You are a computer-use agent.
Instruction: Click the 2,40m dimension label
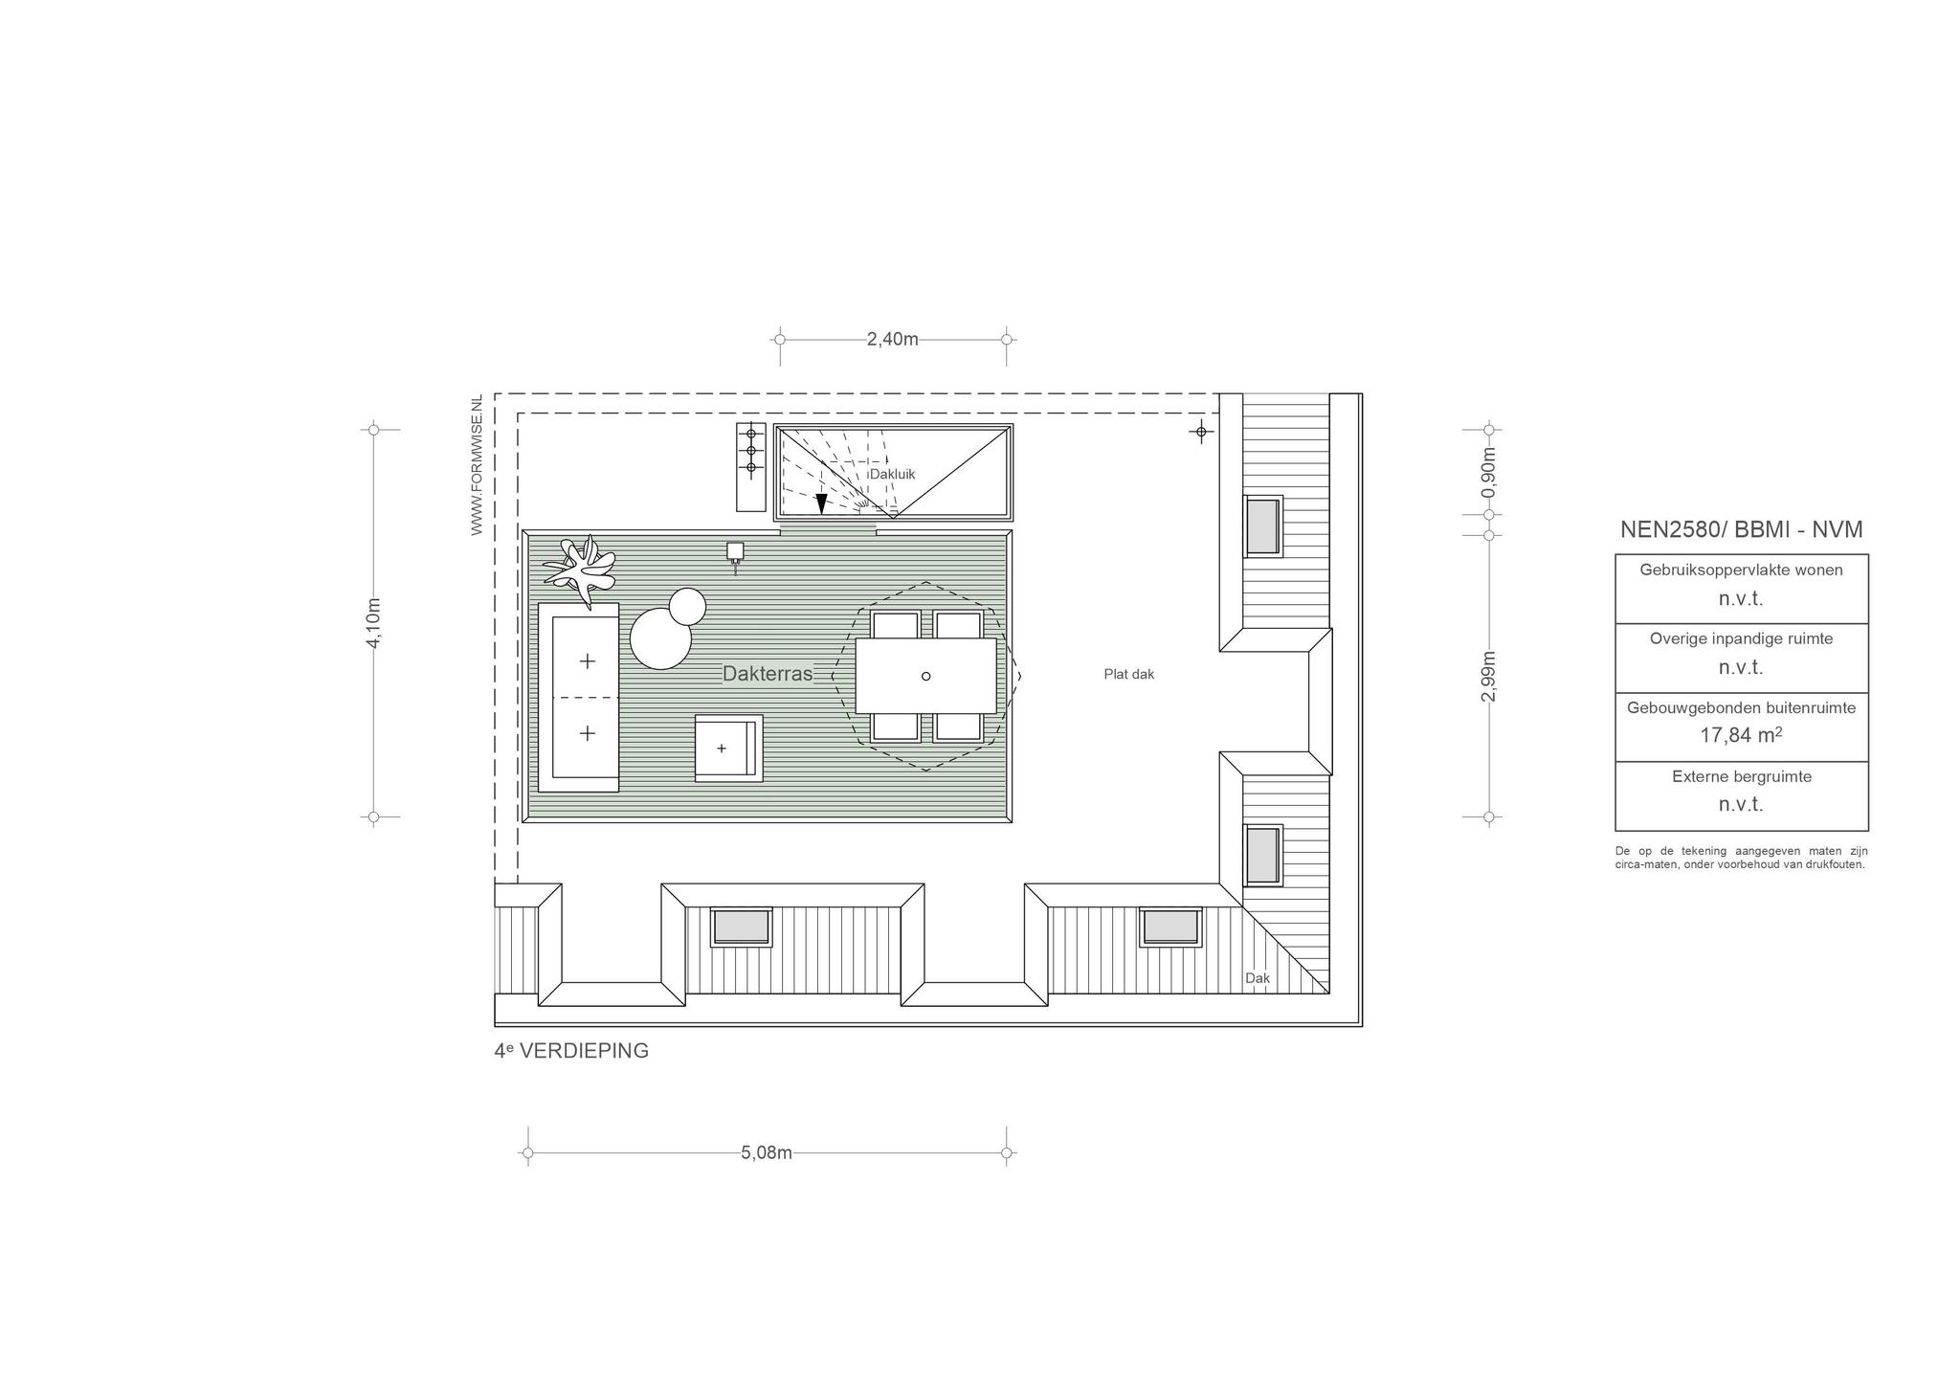(892, 339)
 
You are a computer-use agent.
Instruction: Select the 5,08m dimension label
(767, 1152)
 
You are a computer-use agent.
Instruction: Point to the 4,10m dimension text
(373, 623)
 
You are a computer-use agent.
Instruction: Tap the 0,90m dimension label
(1488, 473)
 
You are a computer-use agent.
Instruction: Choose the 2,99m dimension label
(1488, 677)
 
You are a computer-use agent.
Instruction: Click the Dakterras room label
(768, 674)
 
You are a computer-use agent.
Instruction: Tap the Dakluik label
(892, 474)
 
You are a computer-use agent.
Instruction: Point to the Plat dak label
(1129, 674)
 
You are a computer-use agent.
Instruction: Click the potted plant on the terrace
(581, 570)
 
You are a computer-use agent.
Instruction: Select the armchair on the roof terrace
(729, 748)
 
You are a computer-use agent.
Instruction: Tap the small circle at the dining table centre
(925, 677)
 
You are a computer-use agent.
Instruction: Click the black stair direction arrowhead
(821, 503)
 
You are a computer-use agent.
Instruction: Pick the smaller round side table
(687, 606)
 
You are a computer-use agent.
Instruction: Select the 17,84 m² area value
(1741, 735)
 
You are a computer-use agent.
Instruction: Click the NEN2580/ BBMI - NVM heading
(1741, 529)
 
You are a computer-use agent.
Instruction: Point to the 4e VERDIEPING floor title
(571, 1051)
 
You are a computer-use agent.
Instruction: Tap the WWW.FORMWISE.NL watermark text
(477, 465)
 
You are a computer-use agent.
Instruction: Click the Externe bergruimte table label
(1742, 776)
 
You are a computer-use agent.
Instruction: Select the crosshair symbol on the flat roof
(1202, 432)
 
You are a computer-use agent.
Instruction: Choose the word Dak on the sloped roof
(1258, 978)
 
